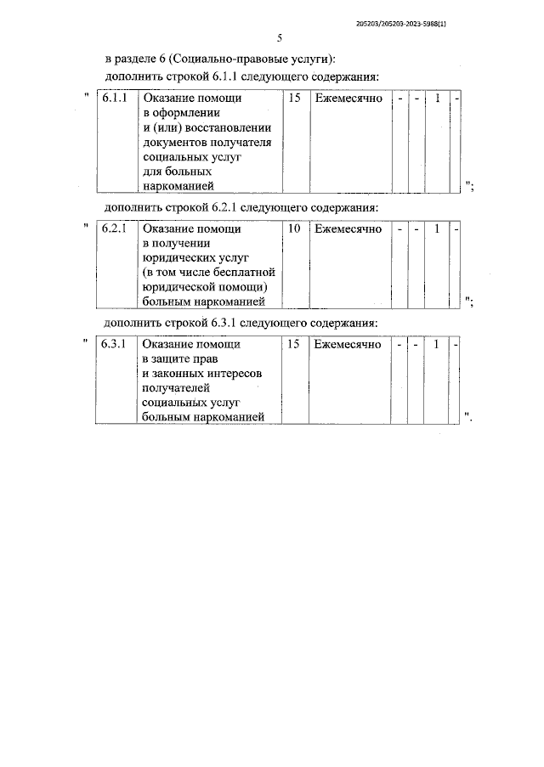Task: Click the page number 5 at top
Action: [279, 38]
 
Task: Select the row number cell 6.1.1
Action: [114, 99]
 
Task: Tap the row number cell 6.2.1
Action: [114, 228]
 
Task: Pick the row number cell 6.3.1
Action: [114, 344]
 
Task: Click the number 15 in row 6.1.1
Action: [295, 99]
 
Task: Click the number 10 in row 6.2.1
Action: [295, 228]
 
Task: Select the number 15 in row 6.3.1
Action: [295, 344]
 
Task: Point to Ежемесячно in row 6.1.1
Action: [348, 99]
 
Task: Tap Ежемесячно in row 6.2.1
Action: [348, 228]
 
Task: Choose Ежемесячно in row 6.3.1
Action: [348, 344]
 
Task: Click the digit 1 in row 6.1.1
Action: [437, 99]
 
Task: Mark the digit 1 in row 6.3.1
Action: [437, 344]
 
